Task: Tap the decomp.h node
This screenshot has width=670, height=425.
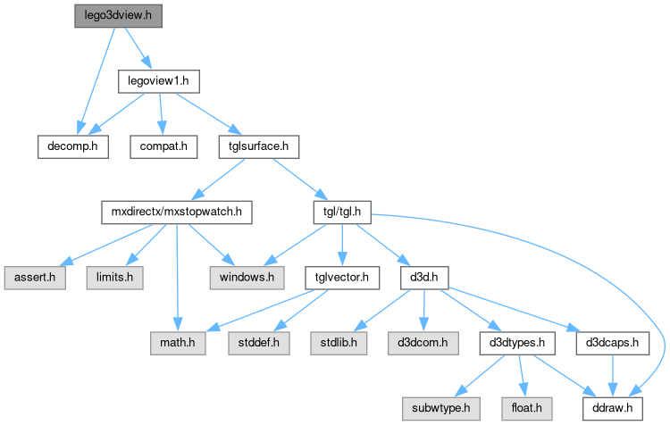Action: pos(72,146)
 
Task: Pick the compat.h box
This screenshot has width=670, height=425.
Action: pos(163,146)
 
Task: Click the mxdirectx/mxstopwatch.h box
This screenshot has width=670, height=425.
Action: pos(175,212)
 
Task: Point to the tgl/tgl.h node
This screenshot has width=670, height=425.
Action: pos(342,212)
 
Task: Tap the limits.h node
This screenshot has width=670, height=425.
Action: pos(115,277)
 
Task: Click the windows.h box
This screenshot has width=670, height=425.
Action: pos(247,277)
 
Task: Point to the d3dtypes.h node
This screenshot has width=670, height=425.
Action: pos(518,342)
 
